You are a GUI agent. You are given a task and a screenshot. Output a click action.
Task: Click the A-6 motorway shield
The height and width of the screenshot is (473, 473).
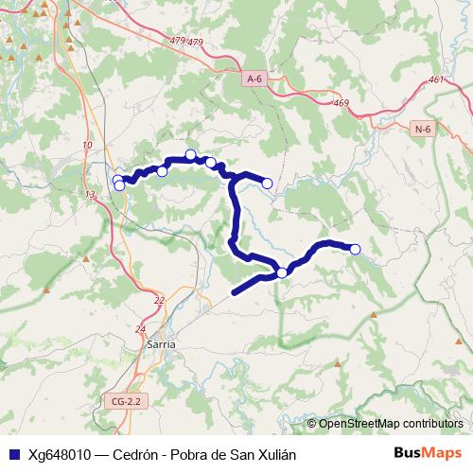click(254, 80)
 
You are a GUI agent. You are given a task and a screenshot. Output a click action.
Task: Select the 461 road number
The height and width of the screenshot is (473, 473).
click(435, 80)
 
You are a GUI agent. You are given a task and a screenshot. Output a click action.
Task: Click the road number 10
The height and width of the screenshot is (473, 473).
click(88, 145)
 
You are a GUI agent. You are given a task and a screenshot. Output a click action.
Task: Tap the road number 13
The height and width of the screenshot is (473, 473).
click(90, 194)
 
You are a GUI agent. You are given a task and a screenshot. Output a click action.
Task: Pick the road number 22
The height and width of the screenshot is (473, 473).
click(158, 300)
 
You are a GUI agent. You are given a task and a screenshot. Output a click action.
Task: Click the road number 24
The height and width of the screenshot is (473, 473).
click(141, 329)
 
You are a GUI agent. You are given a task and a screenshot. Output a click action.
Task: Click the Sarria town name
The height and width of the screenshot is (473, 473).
click(161, 345)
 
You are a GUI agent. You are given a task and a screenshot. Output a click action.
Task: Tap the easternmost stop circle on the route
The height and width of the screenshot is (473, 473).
click(355, 249)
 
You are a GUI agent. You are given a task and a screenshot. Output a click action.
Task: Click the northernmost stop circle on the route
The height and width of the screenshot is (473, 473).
click(190, 154)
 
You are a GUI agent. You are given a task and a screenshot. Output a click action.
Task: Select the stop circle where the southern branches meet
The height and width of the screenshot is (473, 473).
click(282, 273)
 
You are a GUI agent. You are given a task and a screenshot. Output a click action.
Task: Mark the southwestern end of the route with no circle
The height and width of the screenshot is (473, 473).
click(235, 291)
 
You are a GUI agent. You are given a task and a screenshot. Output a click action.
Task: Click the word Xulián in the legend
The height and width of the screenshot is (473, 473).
click(275, 454)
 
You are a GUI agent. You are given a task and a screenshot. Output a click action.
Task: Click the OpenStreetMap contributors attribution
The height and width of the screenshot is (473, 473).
click(391, 423)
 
